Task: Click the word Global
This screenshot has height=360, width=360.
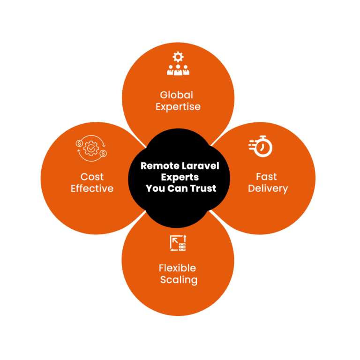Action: (x=176, y=95)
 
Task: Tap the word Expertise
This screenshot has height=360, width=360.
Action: (x=178, y=107)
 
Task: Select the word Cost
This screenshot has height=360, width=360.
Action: (x=92, y=177)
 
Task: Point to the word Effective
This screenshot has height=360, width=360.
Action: (x=92, y=188)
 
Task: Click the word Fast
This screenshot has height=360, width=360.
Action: (x=266, y=177)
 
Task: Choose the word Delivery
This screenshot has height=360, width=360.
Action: (x=268, y=189)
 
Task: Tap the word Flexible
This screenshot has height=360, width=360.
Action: (x=178, y=268)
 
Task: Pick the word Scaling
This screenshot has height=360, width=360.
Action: (x=179, y=280)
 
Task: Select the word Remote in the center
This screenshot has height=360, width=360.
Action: (x=160, y=166)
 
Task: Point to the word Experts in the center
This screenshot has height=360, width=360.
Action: (x=180, y=178)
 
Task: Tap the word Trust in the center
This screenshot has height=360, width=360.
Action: (x=203, y=188)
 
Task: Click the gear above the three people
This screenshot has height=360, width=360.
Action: (x=178, y=57)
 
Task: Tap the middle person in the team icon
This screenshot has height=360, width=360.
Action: (x=178, y=70)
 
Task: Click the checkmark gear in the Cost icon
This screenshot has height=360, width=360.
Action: (x=91, y=148)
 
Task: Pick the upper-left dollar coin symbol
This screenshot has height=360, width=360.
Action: (x=79, y=143)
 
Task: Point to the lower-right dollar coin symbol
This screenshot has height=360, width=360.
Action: (x=103, y=153)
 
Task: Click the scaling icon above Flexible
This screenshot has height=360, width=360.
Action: (x=178, y=243)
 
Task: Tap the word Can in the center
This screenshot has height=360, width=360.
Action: (x=178, y=188)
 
